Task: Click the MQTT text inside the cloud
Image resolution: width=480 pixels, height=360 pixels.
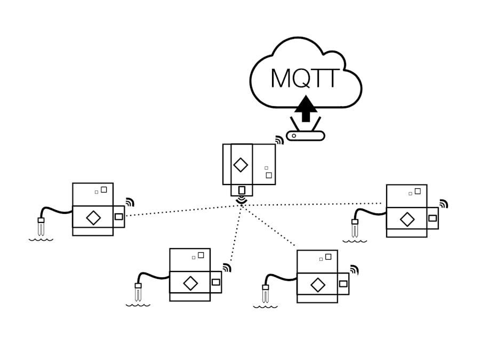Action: tap(305, 78)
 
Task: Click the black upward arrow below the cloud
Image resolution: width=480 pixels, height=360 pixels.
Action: tap(306, 109)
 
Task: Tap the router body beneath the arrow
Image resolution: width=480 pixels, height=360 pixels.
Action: tap(306, 136)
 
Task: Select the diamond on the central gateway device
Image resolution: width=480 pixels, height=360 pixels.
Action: tap(241, 165)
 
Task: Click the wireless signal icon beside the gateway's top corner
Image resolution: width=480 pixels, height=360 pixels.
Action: tap(279, 140)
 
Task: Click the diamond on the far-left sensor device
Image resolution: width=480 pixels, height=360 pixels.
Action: tap(93, 218)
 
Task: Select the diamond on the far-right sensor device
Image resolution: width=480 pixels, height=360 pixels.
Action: tap(407, 219)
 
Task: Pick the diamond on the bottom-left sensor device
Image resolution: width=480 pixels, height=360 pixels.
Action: tap(190, 283)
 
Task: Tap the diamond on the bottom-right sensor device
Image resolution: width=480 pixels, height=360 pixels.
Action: tap(318, 285)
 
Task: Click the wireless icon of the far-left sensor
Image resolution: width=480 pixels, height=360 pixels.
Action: tap(130, 202)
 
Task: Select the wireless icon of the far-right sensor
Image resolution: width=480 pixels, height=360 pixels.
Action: tap(443, 204)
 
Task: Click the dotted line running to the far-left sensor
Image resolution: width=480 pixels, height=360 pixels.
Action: tap(181, 211)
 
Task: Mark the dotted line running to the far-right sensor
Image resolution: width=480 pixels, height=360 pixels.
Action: tap(315, 204)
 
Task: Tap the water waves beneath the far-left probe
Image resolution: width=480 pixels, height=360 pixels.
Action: tap(41, 239)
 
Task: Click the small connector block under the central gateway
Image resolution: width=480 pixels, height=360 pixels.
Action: tap(242, 190)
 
